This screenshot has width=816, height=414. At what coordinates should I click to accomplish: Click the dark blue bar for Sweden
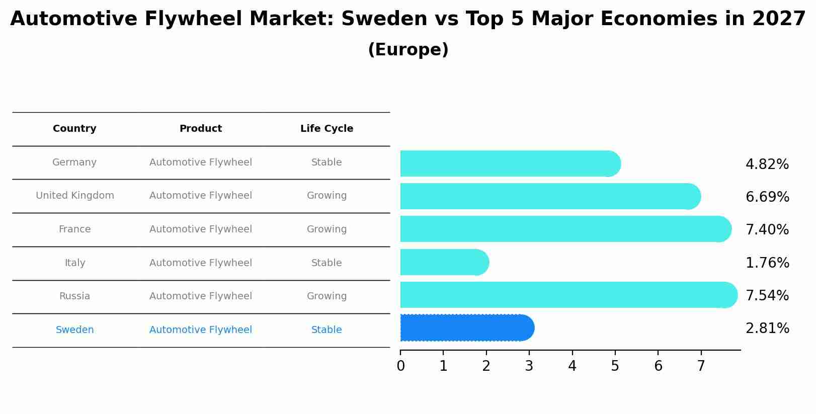[x=467, y=328]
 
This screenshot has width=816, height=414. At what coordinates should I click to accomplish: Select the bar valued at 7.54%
[x=568, y=295]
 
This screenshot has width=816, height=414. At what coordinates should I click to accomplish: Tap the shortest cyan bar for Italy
[x=444, y=262]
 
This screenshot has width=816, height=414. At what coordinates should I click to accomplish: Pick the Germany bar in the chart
[x=510, y=163]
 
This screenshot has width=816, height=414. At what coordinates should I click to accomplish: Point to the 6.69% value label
[x=767, y=197]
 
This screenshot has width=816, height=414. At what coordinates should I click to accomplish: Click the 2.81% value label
[x=767, y=328]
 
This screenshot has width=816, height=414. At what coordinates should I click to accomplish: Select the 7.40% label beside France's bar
[x=767, y=230]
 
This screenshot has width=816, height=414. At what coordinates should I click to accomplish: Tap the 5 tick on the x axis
[x=615, y=366]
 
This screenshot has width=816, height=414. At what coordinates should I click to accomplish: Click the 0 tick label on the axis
[x=400, y=366]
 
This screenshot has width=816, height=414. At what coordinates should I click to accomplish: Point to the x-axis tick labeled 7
[x=701, y=366]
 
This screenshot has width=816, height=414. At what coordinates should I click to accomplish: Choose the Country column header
[x=74, y=129]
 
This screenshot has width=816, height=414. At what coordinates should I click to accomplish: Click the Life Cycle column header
[x=327, y=129]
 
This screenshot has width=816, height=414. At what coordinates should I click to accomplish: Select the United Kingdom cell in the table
[x=75, y=196]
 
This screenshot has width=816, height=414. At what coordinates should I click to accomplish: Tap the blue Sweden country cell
[x=74, y=330]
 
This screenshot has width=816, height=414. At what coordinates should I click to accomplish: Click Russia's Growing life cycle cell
[x=327, y=296]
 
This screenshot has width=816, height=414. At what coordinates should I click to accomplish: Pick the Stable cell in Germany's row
[x=327, y=162]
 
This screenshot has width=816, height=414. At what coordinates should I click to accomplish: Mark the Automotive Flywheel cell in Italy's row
[x=200, y=263]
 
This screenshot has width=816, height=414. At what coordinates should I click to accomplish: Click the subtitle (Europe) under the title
[x=408, y=50]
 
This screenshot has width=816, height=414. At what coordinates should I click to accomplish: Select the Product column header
[x=200, y=129]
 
